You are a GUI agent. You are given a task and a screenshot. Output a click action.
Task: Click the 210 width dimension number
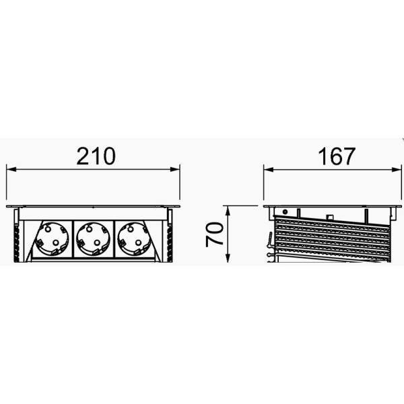[x=94, y=156]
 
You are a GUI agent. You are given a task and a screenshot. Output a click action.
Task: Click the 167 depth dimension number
[x=335, y=156]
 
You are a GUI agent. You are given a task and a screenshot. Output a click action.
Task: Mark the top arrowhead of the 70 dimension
[x=230, y=209]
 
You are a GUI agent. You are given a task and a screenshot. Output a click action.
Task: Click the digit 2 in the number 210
[x=81, y=156]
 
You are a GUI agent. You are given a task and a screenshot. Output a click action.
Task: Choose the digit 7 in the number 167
[x=347, y=156]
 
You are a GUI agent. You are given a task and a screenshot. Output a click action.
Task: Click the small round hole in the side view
[x=285, y=211]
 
